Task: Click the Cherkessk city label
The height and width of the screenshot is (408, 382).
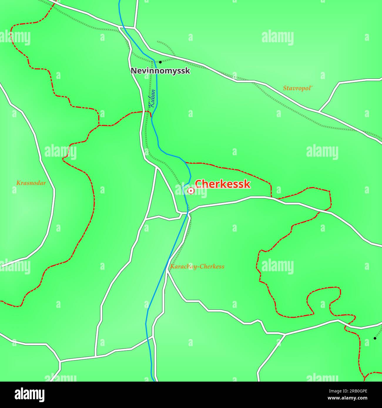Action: (x=222, y=184)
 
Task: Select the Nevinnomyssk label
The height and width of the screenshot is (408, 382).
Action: (x=160, y=71)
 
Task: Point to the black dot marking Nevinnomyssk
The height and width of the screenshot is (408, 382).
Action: (x=160, y=62)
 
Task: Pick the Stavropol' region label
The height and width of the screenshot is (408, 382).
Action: (x=297, y=88)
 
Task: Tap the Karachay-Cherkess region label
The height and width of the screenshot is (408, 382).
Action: (x=197, y=267)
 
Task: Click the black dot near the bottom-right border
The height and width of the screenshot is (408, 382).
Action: (x=375, y=338)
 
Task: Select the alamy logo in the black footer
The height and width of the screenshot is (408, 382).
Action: (x=29, y=394)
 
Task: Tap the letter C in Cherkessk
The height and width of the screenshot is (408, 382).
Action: (x=199, y=184)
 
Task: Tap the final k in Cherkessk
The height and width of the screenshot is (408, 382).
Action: (x=247, y=184)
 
